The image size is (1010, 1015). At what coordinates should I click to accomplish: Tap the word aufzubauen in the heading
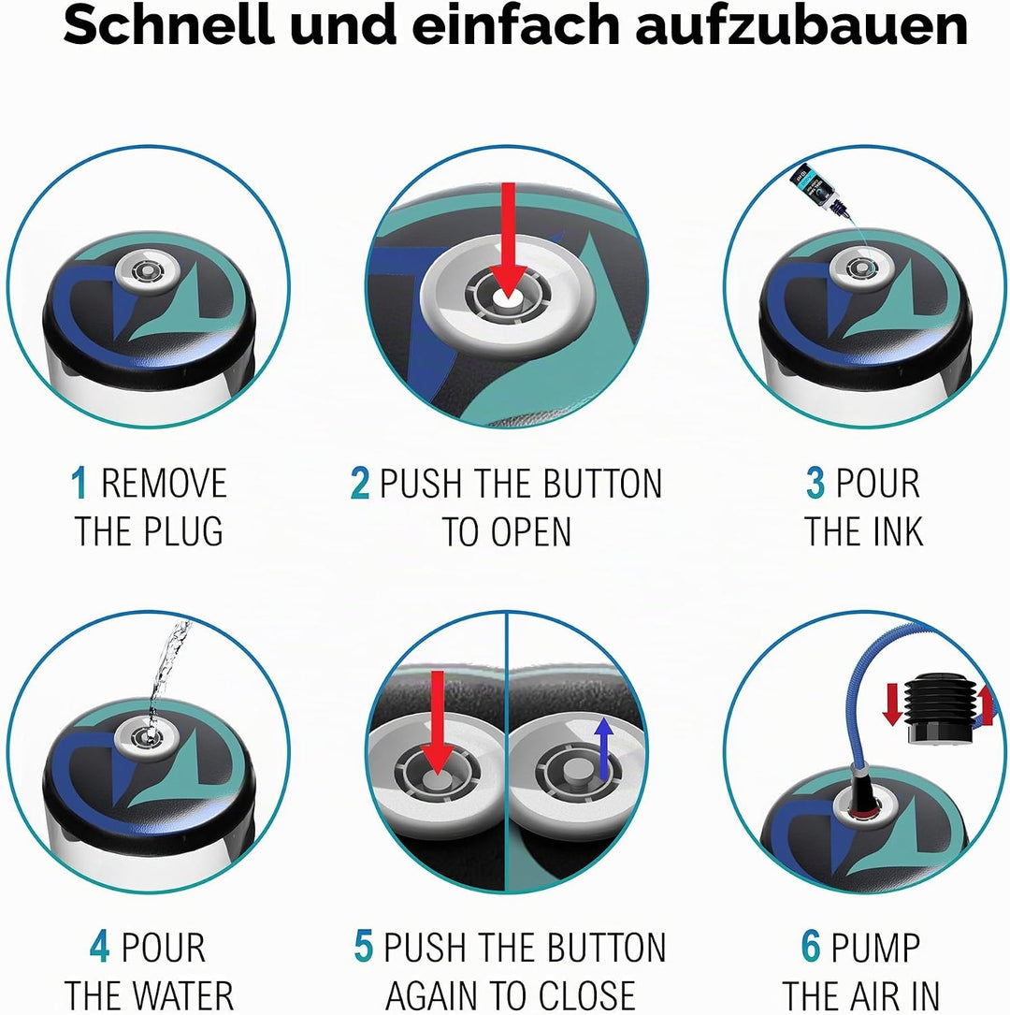tap(801, 26)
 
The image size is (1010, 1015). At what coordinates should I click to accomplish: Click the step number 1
tap(79, 483)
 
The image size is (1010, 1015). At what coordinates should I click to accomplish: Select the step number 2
tap(360, 483)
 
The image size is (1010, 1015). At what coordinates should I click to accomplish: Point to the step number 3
tap(815, 483)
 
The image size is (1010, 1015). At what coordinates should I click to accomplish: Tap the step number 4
tap(100, 947)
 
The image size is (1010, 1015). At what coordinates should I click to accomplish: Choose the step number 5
tap(364, 947)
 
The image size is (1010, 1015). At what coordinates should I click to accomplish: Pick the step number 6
tap(812, 947)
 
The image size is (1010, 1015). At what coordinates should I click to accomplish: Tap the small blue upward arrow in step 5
tap(604, 747)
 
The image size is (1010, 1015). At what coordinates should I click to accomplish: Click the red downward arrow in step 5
tap(438, 722)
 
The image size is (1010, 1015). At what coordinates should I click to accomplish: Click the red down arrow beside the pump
tap(892, 704)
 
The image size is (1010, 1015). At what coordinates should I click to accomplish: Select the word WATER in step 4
tap(186, 995)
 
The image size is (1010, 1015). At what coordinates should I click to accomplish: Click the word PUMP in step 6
tap(875, 947)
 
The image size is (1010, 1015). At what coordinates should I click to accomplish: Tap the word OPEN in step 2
tap(530, 532)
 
